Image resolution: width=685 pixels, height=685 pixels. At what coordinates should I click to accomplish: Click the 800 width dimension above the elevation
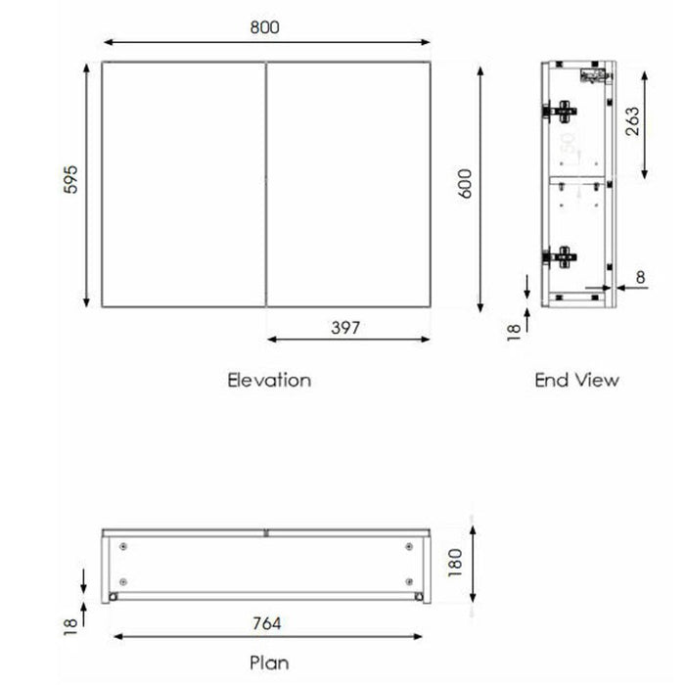[264, 27]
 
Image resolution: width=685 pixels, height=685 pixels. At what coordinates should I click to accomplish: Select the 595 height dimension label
[70, 180]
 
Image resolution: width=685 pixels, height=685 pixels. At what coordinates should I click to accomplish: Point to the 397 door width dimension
[345, 328]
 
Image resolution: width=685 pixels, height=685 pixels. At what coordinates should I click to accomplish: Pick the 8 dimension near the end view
[640, 277]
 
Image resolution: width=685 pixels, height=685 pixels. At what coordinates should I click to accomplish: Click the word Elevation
[269, 380]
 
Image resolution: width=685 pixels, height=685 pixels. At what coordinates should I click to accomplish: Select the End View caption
[576, 380]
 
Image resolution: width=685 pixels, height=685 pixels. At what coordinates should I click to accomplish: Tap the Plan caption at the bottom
[268, 663]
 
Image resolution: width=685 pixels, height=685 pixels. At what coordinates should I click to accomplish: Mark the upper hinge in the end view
[560, 112]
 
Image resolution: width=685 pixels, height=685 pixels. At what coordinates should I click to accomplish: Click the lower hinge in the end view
[560, 257]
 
